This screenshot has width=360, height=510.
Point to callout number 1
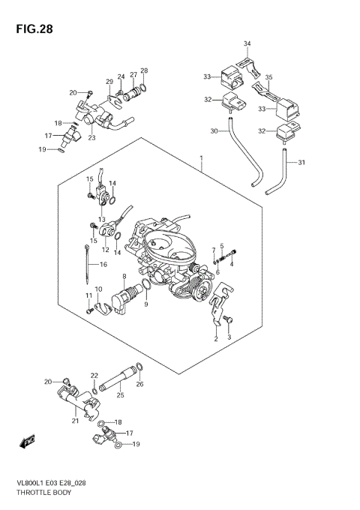201,157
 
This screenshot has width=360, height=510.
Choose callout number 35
269,77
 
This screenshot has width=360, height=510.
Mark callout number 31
302,163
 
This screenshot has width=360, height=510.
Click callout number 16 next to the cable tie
103,264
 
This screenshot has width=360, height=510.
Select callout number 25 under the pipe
120,394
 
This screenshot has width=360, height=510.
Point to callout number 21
75,421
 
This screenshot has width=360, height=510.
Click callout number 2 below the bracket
216,339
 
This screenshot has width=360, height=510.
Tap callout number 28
144,71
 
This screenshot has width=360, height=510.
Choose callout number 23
91,137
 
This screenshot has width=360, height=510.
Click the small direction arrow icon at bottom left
29,442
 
